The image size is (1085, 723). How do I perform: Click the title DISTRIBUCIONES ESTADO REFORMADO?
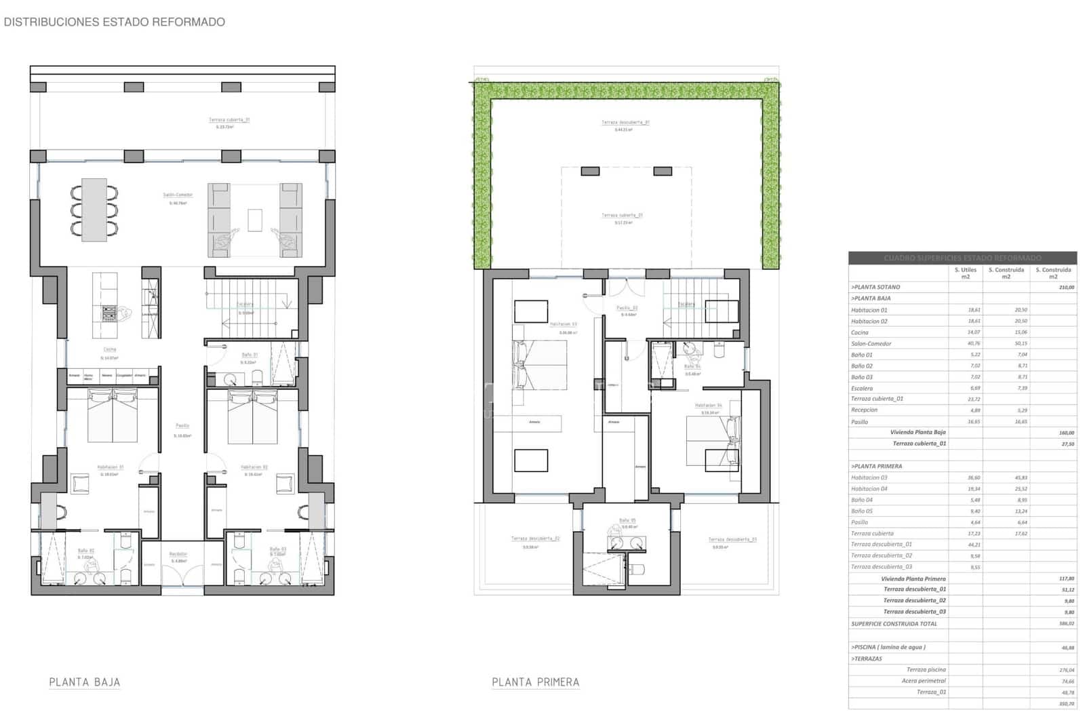point(114,22)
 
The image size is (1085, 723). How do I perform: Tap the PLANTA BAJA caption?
point(84,682)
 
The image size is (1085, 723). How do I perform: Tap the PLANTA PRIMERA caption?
point(535,682)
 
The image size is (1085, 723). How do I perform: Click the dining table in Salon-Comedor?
point(94,210)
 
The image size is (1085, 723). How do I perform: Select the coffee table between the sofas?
point(255,220)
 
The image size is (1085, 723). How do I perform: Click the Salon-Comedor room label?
point(178,195)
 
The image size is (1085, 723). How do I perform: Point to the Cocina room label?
point(109,349)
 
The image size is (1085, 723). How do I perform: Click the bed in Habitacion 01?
point(113,416)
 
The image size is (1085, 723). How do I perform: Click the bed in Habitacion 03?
point(540,365)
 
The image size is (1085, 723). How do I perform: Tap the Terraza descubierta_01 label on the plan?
point(625,123)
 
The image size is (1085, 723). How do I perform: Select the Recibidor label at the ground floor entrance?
point(178,554)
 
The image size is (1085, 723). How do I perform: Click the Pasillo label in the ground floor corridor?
point(182,426)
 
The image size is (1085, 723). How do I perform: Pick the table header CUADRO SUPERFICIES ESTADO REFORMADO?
point(962,258)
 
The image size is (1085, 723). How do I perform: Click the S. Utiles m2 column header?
point(965,273)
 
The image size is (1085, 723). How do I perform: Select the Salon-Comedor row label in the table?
point(871,344)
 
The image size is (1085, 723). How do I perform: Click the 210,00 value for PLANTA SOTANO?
point(1066,288)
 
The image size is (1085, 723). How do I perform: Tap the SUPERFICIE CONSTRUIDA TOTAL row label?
point(894,623)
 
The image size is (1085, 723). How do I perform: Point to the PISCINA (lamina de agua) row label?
point(888,647)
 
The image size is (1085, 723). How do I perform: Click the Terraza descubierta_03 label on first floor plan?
point(732,540)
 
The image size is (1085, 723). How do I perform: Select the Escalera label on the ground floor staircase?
point(245,305)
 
